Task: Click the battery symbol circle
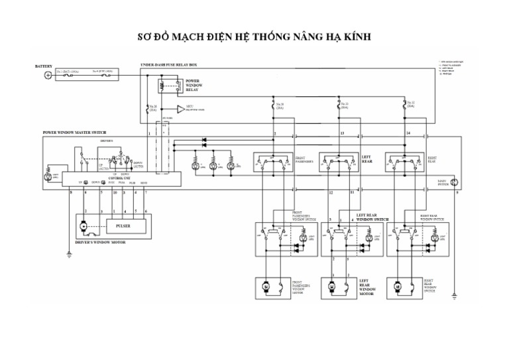pos(47,76)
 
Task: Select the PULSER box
pos(123,226)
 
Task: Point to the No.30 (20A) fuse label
pos(279,105)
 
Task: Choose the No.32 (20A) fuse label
pos(411,105)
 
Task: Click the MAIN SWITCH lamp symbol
pos(453,182)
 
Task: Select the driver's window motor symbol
pos(84,227)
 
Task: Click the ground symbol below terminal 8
pos(69,254)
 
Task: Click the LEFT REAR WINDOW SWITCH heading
pos(372,217)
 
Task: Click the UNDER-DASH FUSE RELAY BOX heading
pos(168,64)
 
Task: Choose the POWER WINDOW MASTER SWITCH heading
pos(74,132)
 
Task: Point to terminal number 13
pos(342,133)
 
